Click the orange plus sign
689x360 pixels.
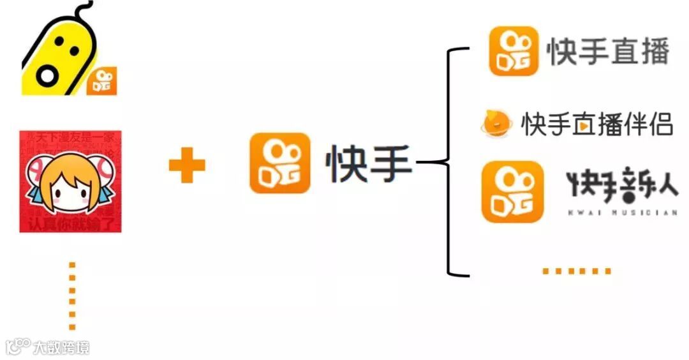187,165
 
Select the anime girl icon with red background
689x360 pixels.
70,181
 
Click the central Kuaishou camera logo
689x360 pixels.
279,163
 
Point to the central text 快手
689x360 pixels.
369,164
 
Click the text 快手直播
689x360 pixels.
608,52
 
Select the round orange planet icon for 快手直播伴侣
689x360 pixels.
495,123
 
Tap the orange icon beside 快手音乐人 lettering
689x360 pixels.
512,191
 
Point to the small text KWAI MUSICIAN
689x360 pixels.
622,213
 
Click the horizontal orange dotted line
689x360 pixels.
576,271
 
